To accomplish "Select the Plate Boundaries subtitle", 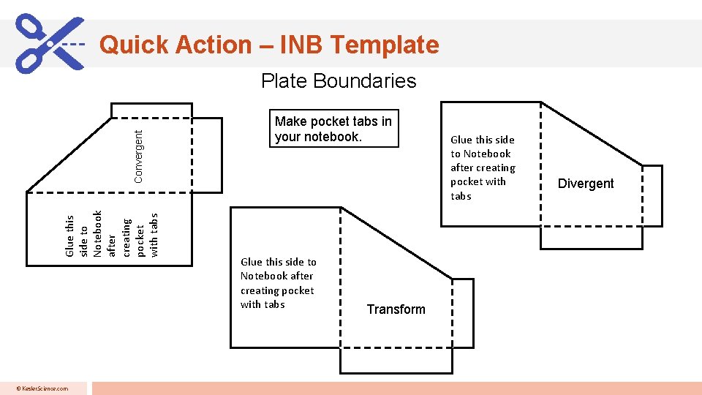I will coord(339,80).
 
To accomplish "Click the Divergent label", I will coord(586,184).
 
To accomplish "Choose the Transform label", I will coord(396,309).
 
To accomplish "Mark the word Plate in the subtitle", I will coord(284,80).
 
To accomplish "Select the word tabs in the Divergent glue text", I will coord(461,196).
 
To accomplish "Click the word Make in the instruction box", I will coord(290,121).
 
